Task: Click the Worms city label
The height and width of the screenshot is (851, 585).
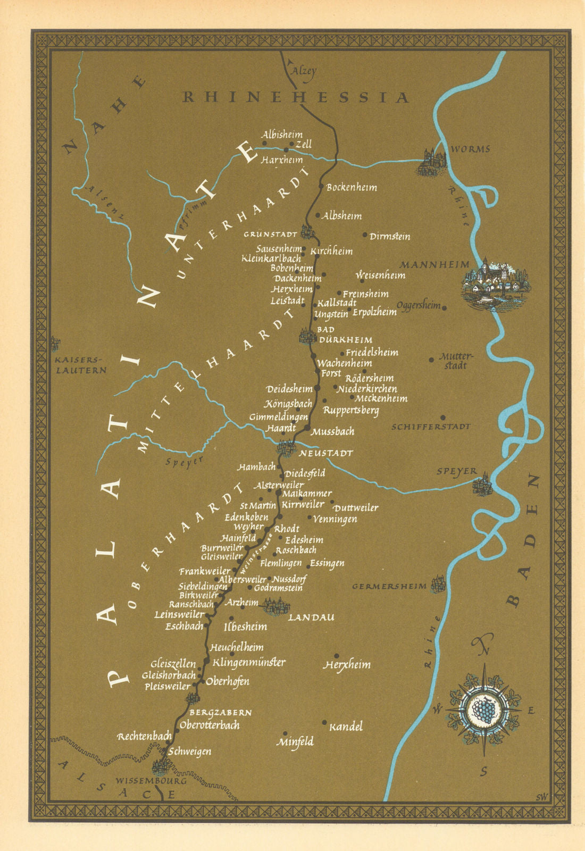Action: [x=470, y=149]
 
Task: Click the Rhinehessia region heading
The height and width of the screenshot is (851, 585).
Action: [x=296, y=97]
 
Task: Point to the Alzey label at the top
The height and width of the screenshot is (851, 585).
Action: [x=305, y=70]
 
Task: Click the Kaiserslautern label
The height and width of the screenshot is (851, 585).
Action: [x=81, y=365]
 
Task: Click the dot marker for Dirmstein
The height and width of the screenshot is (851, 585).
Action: [x=365, y=235]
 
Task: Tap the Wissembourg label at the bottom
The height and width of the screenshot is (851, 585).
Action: [x=151, y=781]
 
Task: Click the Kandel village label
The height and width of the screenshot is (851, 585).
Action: [x=346, y=727]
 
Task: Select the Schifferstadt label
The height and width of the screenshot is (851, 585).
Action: [x=431, y=427]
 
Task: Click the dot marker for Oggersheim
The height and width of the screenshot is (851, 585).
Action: [x=445, y=307]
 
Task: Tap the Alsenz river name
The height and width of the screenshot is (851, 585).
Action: [x=105, y=203]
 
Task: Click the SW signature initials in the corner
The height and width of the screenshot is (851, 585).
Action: [x=542, y=796]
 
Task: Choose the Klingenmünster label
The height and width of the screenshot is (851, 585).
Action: [x=249, y=663]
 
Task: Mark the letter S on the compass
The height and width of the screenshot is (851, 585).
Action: [x=483, y=772]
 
